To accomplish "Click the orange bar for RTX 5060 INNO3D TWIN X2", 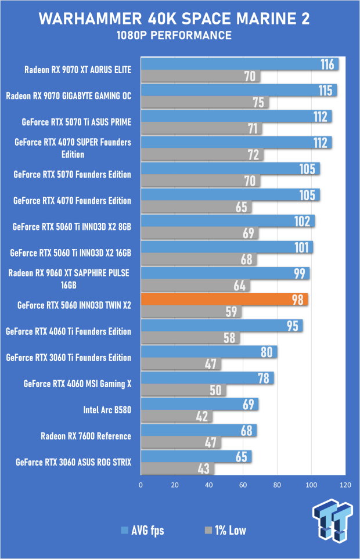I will click(x=224, y=300).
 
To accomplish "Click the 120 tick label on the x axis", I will click(x=345, y=484).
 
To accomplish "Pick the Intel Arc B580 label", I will click(x=107, y=410).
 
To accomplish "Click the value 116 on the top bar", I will click(x=328, y=64).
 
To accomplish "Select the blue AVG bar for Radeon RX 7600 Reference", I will click(x=198, y=430).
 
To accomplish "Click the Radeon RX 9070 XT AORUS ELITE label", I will click(x=78, y=70).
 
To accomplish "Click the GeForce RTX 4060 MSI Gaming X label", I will click(x=77, y=384).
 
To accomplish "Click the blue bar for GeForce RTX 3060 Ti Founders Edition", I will click(x=208, y=352).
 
